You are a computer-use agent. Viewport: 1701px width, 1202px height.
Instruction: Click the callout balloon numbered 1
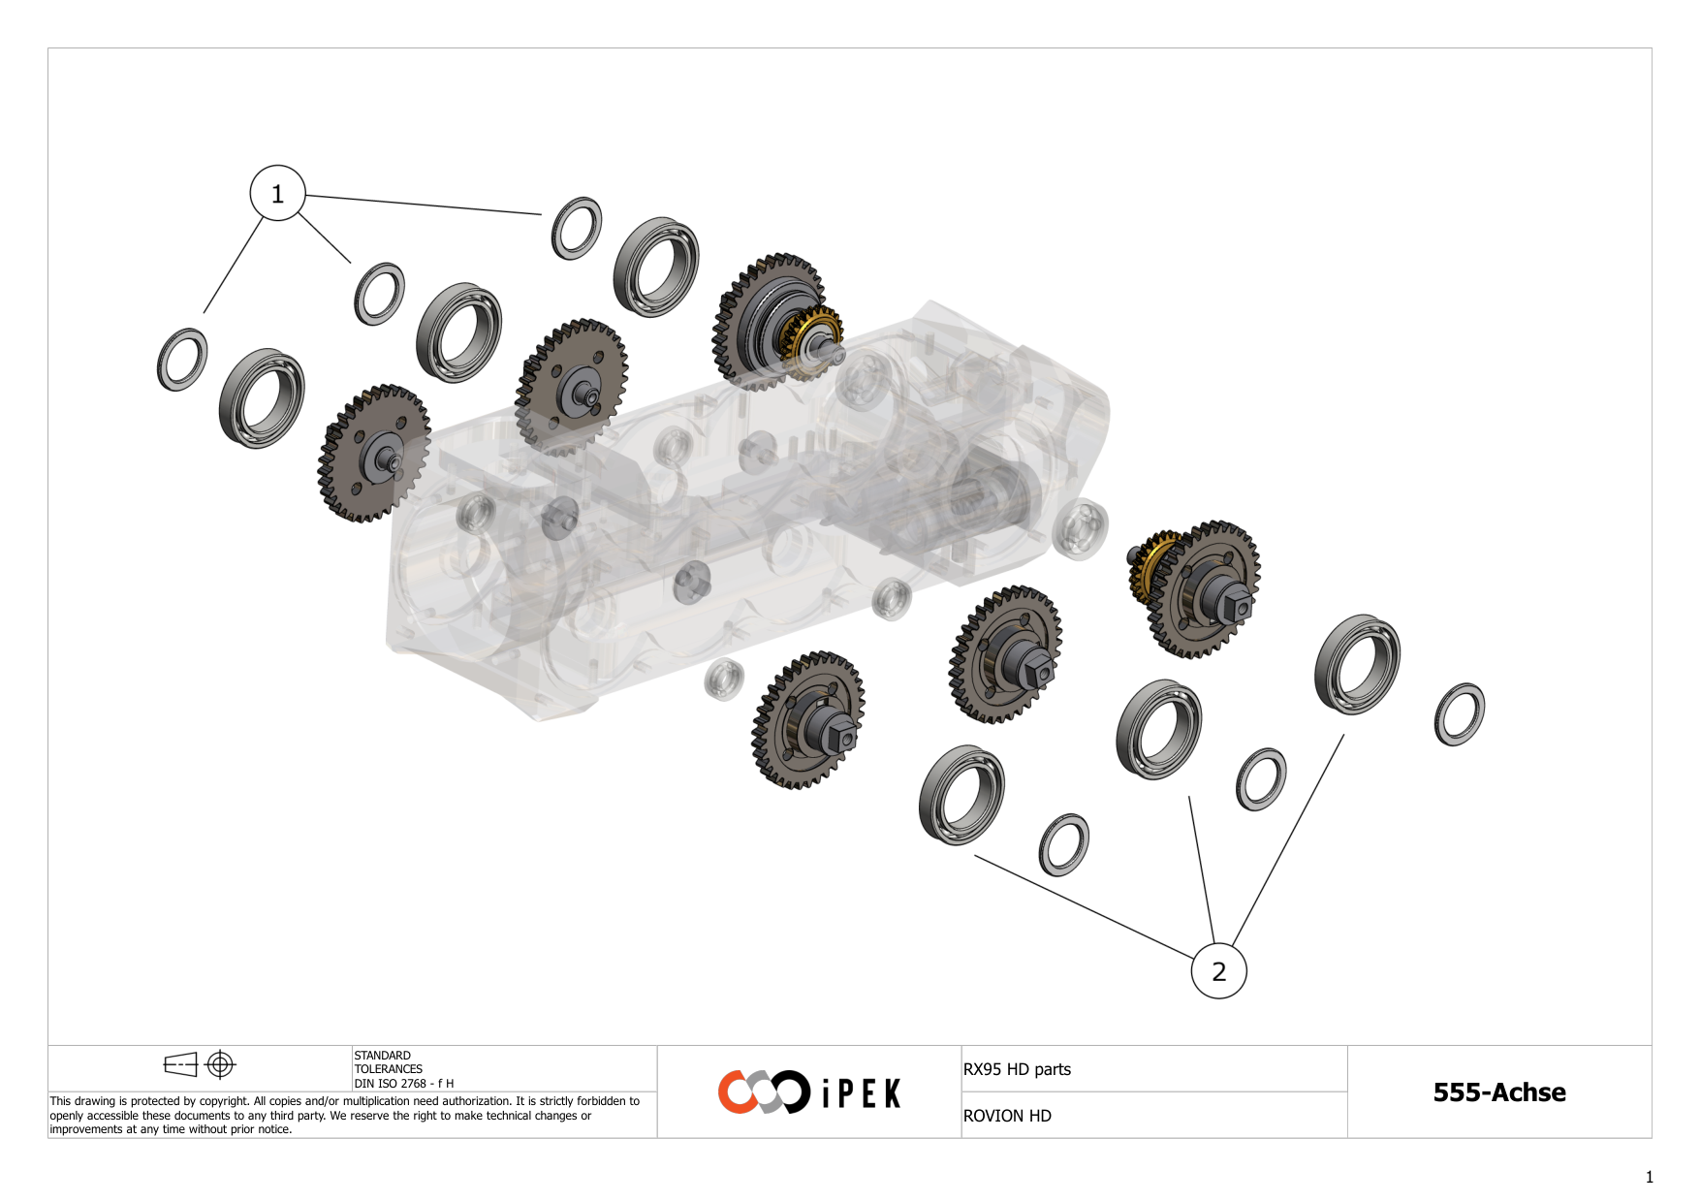(277, 194)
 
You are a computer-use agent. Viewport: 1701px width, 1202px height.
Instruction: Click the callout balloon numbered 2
(1218, 971)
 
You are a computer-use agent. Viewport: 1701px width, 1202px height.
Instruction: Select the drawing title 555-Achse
(1499, 1092)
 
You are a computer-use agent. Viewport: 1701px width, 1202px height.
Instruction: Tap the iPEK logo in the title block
(809, 1092)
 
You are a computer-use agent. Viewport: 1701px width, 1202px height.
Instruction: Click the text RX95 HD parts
(1017, 1069)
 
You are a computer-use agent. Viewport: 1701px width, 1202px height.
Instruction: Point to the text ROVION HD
(1007, 1116)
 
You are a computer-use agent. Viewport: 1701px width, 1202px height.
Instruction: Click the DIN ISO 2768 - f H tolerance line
(403, 1084)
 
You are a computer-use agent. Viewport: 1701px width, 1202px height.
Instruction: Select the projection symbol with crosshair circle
(220, 1065)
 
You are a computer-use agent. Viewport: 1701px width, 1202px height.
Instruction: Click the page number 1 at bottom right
(1650, 1178)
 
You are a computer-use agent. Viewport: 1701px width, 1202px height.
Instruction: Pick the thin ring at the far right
(1459, 714)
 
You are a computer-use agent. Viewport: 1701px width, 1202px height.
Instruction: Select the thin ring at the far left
(181, 360)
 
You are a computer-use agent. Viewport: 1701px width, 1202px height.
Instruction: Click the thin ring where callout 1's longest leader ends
(576, 229)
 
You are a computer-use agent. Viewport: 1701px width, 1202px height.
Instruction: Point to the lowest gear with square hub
(808, 720)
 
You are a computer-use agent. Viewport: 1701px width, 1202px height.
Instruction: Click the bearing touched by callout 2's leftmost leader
(961, 795)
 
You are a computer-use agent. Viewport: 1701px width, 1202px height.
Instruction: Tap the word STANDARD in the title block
(382, 1056)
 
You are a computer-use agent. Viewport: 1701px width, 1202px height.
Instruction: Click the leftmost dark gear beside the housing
(374, 454)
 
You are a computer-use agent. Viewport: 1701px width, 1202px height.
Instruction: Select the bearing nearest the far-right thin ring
(1357, 664)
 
